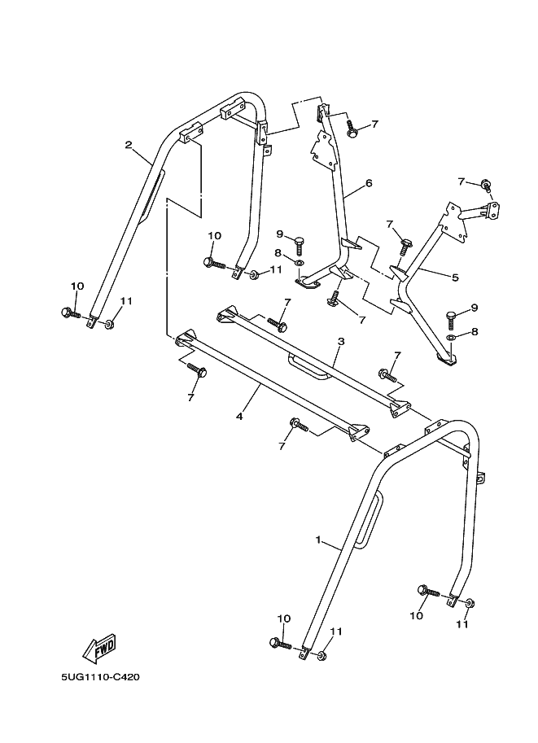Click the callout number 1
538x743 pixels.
[318, 540]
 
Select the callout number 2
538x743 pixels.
[129, 145]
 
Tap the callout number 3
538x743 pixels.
[340, 342]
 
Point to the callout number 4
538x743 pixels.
[239, 416]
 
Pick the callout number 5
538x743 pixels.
[454, 278]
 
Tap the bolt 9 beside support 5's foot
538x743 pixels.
[450, 317]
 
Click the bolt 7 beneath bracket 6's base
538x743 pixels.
[334, 302]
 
